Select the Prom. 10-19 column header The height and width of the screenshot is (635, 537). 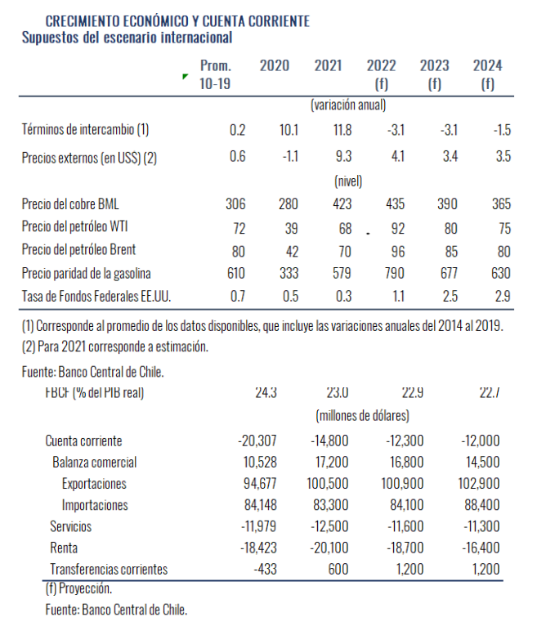pyautogui.click(x=216, y=74)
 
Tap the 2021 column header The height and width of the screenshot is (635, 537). pyautogui.click(x=328, y=66)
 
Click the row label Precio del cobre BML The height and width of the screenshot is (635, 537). pyautogui.click(x=76, y=203)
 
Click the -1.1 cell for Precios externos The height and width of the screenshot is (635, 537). pyautogui.click(x=289, y=157)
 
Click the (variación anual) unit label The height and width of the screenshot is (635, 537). pyautogui.click(x=348, y=105)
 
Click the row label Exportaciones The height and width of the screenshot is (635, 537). pyautogui.click(x=95, y=484)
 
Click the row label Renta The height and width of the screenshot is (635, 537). pyautogui.click(x=63, y=548)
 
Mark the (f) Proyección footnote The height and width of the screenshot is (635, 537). pyautogui.click(x=78, y=588)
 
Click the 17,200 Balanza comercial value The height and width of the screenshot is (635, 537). pyautogui.click(x=329, y=463)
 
